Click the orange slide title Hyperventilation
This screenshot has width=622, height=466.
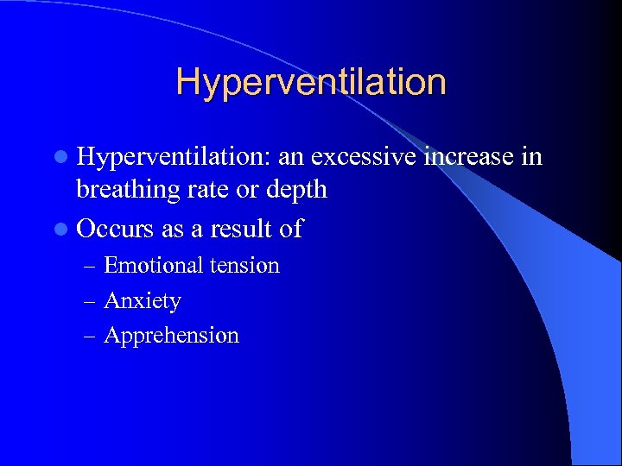coord(311,83)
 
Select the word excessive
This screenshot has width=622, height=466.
coord(365,156)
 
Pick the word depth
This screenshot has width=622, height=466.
coord(298,189)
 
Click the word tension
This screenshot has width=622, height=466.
coord(246,265)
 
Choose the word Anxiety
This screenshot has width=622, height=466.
coord(143,301)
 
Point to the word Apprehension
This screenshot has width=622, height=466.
coord(171,336)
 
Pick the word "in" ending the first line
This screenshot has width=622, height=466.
coord(531,156)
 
